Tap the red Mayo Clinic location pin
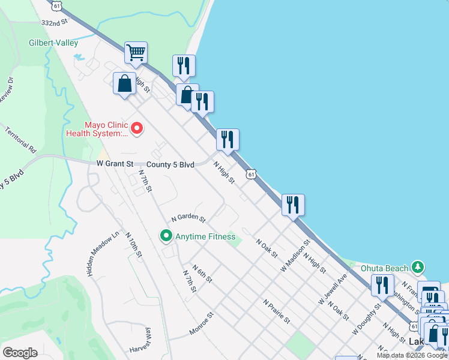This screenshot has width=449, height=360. pyautogui.click(x=137, y=128)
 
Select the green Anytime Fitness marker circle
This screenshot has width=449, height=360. pyautogui.click(x=167, y=236)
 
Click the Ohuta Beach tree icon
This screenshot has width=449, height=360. pyautogui.click(x=418, y=267)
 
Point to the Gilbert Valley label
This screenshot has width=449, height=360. pyautogui.click(x=54, y=43)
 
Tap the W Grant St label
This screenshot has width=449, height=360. pyautogui.click(x=115, y=164)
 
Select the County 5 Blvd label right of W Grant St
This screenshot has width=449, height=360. pyautogui.click(x=170, y=164)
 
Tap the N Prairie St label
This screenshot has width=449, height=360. pyautogui.click(x=277, y=311)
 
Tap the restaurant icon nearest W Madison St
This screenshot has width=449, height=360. pyautogui.click(x=293, y=205)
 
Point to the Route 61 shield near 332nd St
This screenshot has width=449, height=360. pyautogui.click(x=56, y=5)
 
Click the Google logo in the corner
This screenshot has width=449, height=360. pyautogui.click(x=20, y=352)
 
